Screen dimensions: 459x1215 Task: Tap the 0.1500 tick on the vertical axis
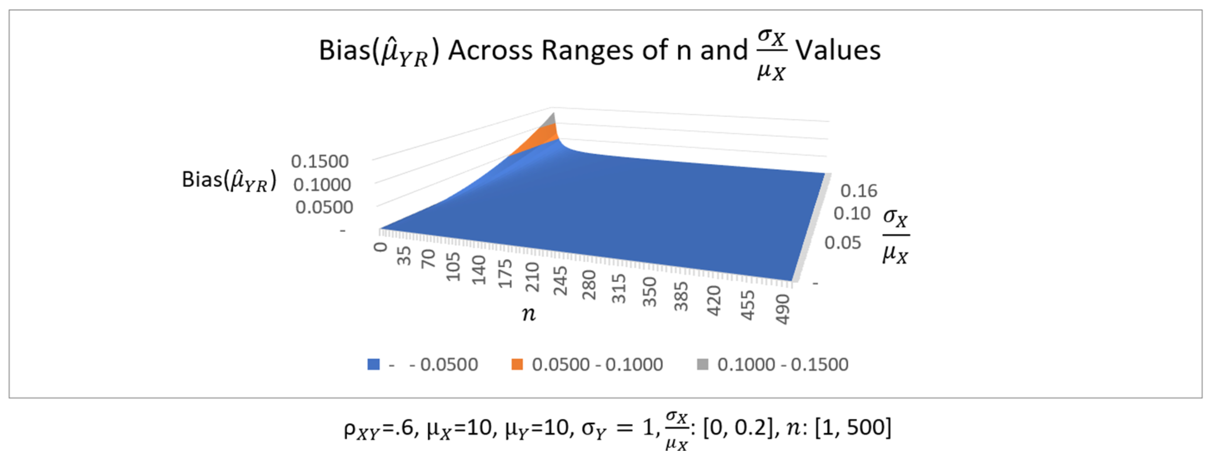point(320,161)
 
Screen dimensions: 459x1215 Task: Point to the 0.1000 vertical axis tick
point(322,185)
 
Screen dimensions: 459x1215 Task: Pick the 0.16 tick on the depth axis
point(859,191)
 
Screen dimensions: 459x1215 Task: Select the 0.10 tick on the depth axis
point(852,213)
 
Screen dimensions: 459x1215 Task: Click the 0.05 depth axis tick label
point(842,243)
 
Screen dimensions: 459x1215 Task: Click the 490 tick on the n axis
point(783,309)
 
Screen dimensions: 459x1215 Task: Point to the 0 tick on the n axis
point(381,247)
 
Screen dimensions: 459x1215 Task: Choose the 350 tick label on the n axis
point(650,292)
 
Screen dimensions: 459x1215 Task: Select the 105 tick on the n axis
point(453,267)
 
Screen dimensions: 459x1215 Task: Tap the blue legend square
point(374,365)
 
